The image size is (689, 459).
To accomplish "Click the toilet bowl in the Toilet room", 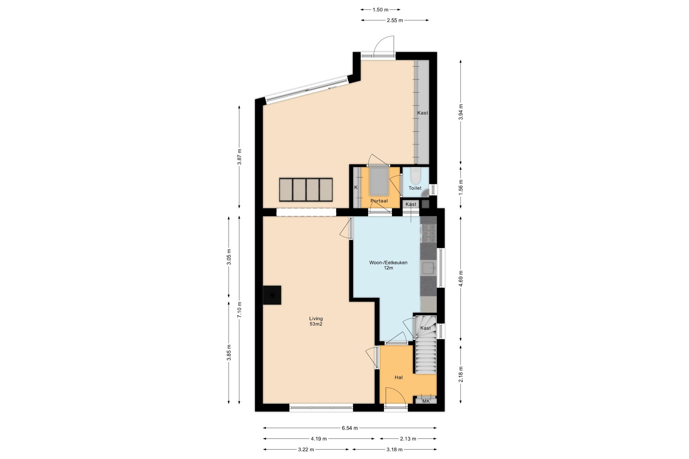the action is [x=416, y=175].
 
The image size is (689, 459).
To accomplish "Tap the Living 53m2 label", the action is [x=316, y=321].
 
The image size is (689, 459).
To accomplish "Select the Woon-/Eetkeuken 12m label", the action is [x=388, y=265].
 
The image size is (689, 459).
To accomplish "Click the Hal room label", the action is [x=399, y=377].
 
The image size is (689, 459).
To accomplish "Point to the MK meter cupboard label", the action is [x=426, y=401].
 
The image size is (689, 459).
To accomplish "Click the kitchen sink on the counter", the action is [x=429, y=268].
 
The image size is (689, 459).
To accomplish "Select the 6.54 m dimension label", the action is [x=350, y=428].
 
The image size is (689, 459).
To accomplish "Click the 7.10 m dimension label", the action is [x=239, y=310].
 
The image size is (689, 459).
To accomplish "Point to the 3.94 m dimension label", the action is [x=461, y=112].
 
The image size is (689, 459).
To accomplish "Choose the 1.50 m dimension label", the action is [x=380, y=10].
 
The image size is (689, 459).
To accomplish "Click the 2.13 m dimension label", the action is [x=408, y=438].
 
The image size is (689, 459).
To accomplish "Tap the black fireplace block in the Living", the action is [x=272, y=295].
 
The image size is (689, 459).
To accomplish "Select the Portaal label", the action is [x=379, y=201].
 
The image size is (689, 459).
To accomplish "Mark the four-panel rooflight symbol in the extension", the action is [x=306, y=190].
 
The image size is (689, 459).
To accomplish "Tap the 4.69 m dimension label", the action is [x=461, y=278].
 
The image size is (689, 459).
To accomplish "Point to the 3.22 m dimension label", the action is [x=306, y=449].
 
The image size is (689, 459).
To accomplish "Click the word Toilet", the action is [x=415, y=188].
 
